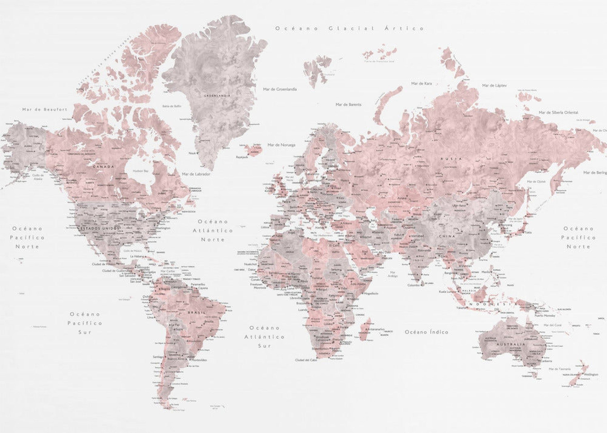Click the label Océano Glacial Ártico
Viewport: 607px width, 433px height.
pyautogui.click(x=349, y=28)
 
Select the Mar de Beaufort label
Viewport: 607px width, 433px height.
pyautogui.click(x=45, y=109)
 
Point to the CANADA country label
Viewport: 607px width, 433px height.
pyautogui.click(x=104, y=167)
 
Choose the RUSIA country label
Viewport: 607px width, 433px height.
pyautogui.click(x=451, y=159)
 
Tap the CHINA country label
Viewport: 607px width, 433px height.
pyautogui.click(x=447, y=236)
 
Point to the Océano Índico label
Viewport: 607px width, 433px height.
pyautogui.click(x=426, y=332)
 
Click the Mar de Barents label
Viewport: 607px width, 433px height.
pyautogui.click(x=348, y=105)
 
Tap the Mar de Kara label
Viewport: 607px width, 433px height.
pyautogui.click(x=421, y=83)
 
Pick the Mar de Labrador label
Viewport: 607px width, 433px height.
pyautogui.click(x=196, y=174)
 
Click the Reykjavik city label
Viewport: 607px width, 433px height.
pyautogui.click(x=242, y=157)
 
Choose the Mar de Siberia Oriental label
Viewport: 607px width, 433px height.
pyautogui.click(x=558, y=112)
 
